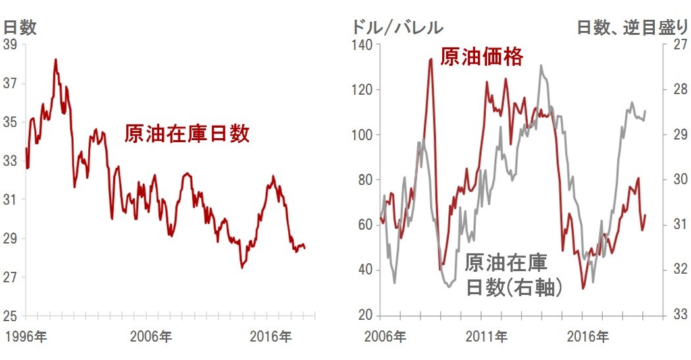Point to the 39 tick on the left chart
[x=10, y=45]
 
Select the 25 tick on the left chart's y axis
[x=10, y=315]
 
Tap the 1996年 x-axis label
[x=26, y=337]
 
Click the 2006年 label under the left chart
[x=151, y=337]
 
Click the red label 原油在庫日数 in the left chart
[x=187, y=134]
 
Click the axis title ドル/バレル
[x=397, y=27]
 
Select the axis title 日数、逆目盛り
[x=632, y=27]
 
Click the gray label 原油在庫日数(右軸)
[x=507, y=276]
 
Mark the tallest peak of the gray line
[x=541, y=65]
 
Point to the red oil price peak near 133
[x=431, y=59]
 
